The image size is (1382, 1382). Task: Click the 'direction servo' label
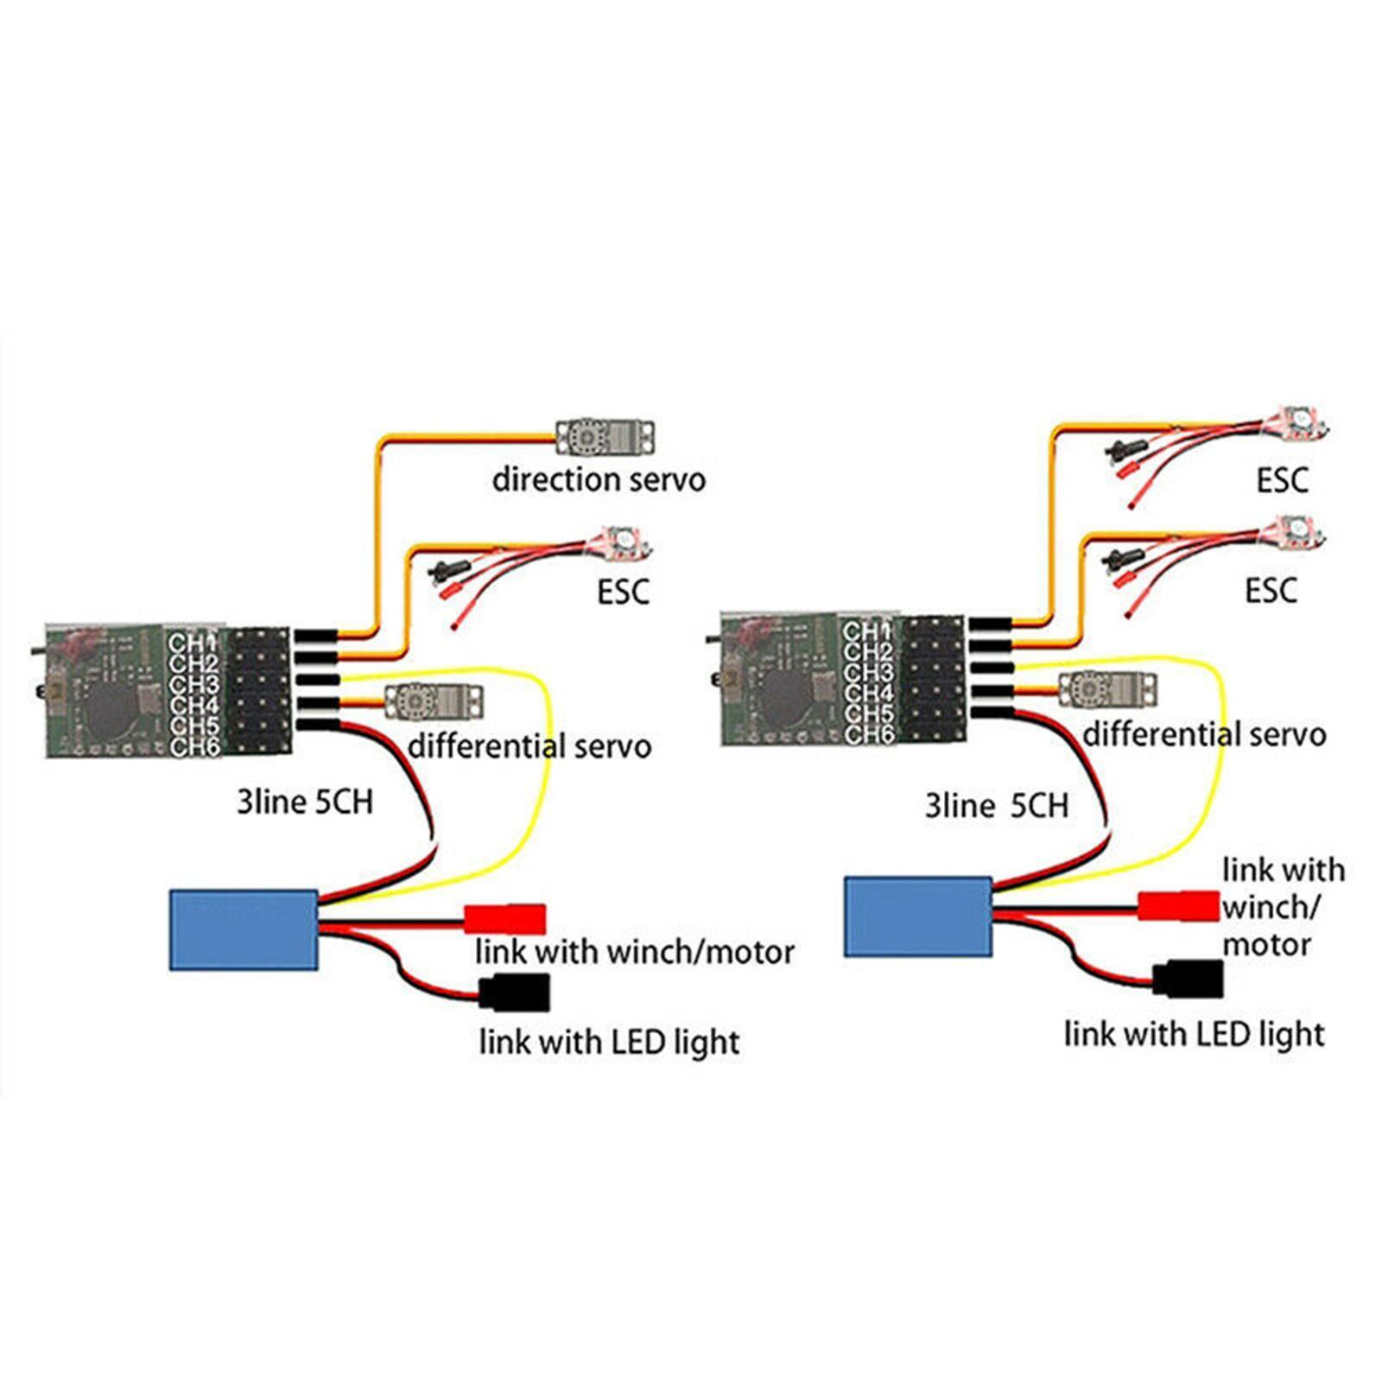[x=599, y=479]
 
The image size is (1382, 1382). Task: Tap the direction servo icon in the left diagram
[x=605, y=437]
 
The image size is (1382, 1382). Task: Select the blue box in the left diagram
[x=244, y=929]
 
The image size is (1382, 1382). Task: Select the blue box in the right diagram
[x=917, y=917]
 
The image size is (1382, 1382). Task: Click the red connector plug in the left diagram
[x=505, y=918]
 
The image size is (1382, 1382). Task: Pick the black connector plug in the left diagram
[x=516, y=992]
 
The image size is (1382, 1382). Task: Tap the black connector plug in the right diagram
[x=1189, y=979]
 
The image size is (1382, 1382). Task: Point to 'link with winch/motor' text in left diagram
[x=634, y=952]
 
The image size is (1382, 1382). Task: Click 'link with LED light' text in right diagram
[x=1194, y=1034]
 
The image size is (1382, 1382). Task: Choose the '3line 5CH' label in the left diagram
[x=305, y=802]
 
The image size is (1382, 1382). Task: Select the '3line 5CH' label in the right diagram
[x=996, y=806]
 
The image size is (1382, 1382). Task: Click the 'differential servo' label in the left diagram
[x=529, y=746]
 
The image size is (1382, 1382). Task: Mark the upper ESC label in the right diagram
[x=1282, y=480]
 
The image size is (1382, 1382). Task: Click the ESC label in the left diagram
[x=623, y=593]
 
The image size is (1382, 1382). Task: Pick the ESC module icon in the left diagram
[x=621, y=544]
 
